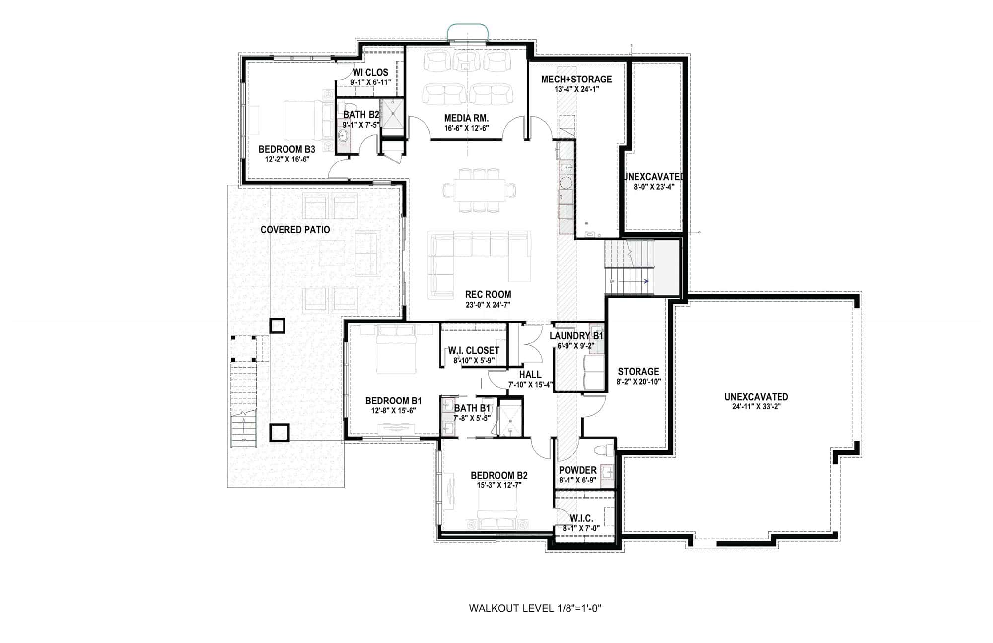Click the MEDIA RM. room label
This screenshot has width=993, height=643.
(x=466, y=118)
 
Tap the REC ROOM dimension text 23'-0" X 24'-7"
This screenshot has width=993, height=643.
(x=488, y=305)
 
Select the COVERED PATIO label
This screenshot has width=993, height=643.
(x=295, y=230)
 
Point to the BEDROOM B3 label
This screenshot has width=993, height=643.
(x=286, y=149)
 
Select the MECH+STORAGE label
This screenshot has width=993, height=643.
(x=576, y=80)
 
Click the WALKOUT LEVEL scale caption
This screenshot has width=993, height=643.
(x=535, y=608)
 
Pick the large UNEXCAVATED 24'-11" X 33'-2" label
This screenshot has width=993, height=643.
(x=756, y=397)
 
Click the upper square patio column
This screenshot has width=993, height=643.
(x=277, y=326)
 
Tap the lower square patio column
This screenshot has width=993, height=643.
(x=279, y=433)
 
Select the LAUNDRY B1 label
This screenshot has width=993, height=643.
(x=576, y=336)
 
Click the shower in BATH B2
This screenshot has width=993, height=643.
(x=392, y=114)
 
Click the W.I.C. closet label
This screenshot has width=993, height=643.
(x=581, y=519)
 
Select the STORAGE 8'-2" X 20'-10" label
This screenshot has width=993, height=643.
(x=638, y=372)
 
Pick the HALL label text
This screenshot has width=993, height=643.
(x=530, y=375)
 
